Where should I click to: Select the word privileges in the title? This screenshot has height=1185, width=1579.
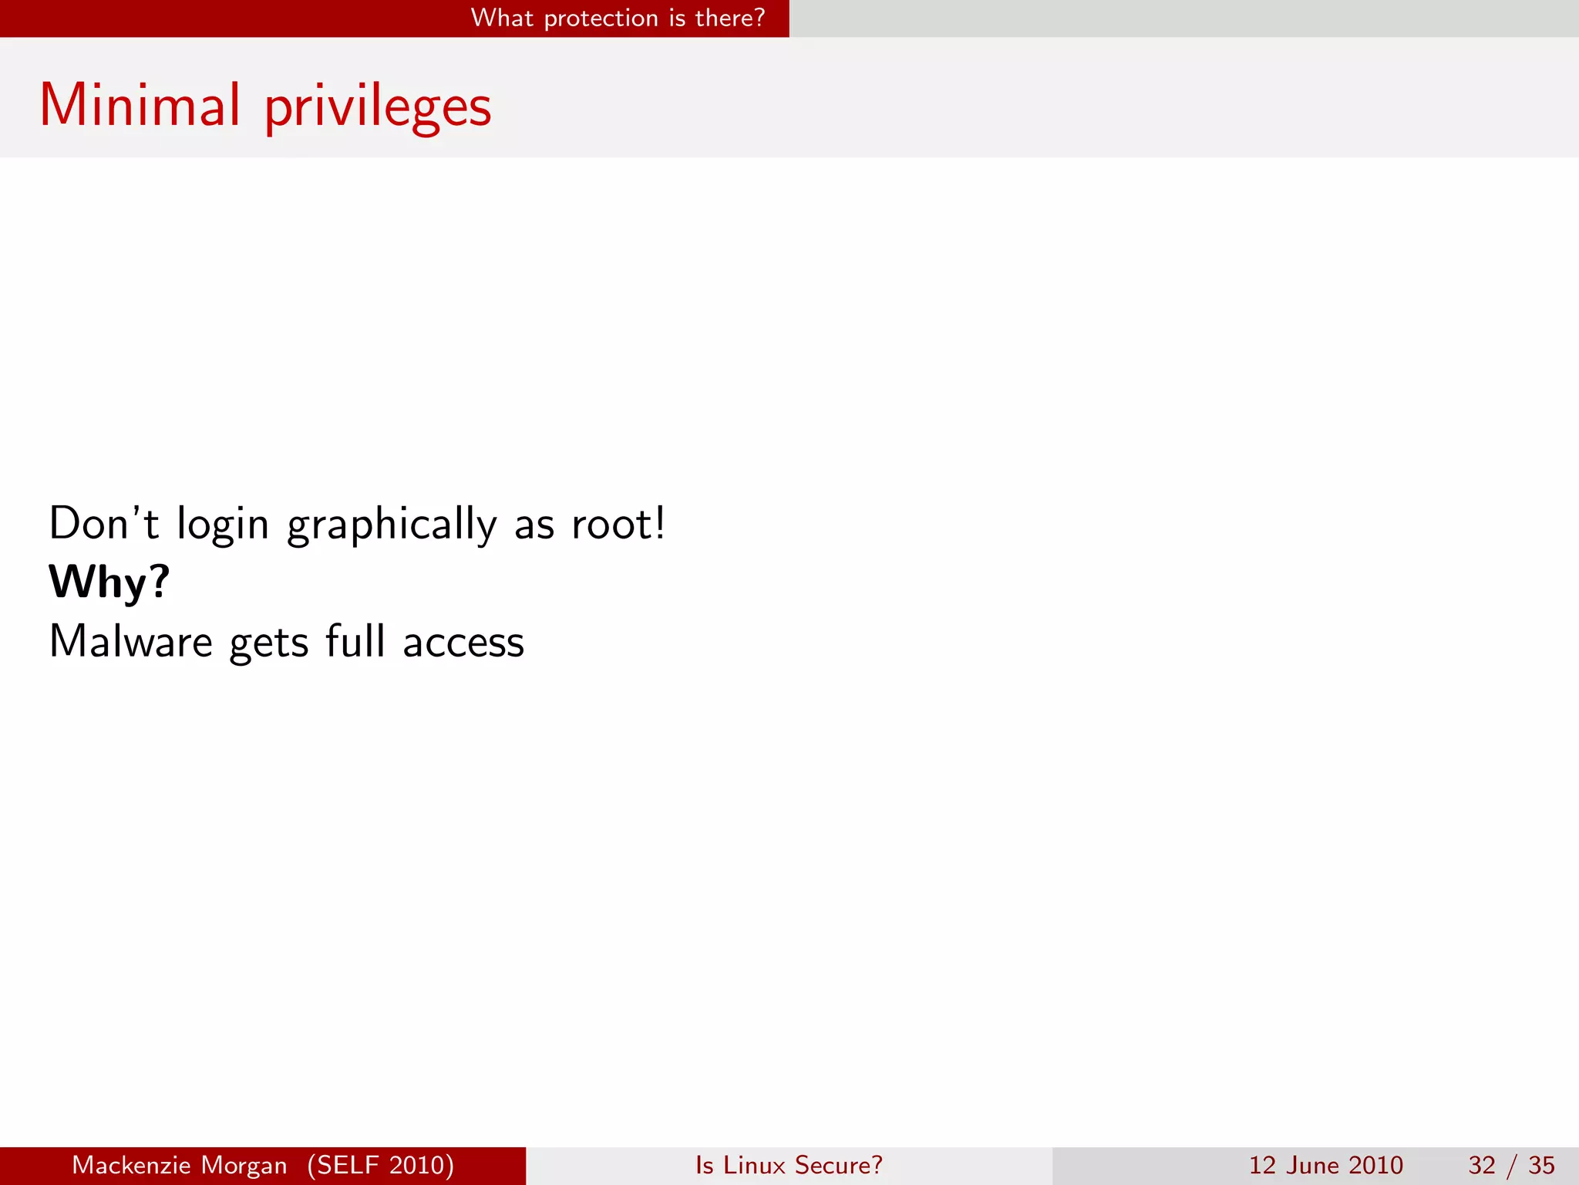pyautogui.click(x=378, y=108)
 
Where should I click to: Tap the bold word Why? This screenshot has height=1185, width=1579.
pyautogui.click(x=109, y=582)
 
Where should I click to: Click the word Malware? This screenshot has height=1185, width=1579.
pyautogui.click(x=130, y=642)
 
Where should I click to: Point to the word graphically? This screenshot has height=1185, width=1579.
pyautogui.click(x=392, y=525)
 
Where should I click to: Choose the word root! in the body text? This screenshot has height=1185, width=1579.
pyautogui.click(x=618, y=524)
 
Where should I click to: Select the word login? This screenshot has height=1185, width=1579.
pyautogui.click(x=223, y=525)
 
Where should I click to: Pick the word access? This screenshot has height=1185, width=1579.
pyautogui.click(x=463, y=643)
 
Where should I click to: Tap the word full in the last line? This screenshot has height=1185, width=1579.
pyautogui.click(x=355, y=641)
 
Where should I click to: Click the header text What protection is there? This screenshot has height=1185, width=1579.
pyautogui.click(x=618, y=18)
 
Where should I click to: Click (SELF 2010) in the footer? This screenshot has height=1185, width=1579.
pyautogui.click(x=381, y=1165)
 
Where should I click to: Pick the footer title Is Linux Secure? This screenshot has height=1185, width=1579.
pyautogui.click(x=789, y=1165)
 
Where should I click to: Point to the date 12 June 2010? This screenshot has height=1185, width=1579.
pyautogui.click(x=1325, y=1165)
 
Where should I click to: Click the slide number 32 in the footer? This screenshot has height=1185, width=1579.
pyautogui.click(x=1482, y=1165)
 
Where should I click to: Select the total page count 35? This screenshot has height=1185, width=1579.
pyautogui.click(x=1541, y=1165)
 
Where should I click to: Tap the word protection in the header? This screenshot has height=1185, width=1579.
pyautogui.click(x=601, y=19)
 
